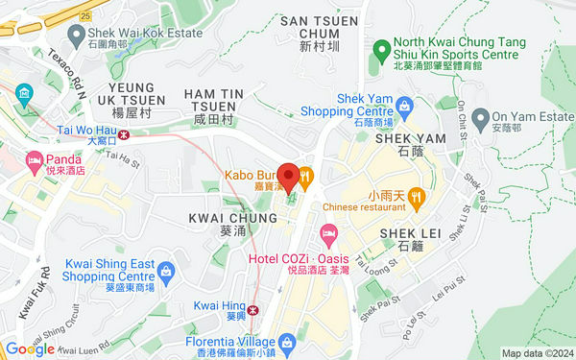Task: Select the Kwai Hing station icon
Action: [x=253, y=309]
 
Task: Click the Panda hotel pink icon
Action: [x=35, y=159]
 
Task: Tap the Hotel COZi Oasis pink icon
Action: [x=328, y=232]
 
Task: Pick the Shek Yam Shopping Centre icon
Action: [x=405, y=104]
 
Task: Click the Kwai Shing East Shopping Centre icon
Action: [x=165, y=273]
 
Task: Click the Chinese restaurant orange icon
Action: [x=417, y=199]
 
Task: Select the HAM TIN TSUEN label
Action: [x=208, y=103]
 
